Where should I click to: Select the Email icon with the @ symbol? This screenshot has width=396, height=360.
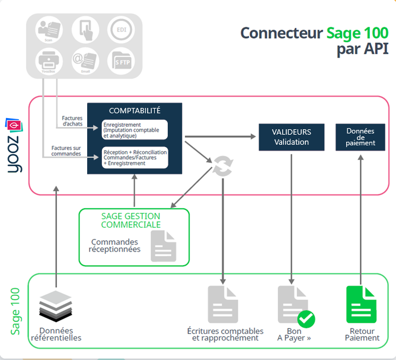tap(85, 62)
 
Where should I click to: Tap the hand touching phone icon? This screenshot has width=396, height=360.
tap(85, 29)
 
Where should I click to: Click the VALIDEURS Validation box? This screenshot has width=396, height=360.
tap(291, 137)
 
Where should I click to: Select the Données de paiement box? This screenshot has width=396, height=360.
tap(360, 137)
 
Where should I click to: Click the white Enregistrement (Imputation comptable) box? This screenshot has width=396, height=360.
tap(135, 129)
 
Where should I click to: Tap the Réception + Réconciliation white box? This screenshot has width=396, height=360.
tap(135, 157)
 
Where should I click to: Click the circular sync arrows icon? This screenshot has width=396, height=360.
tap(223, 167)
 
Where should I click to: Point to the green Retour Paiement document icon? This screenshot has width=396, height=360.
tap(361, 304)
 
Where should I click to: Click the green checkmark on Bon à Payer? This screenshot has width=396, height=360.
tap(306, 319)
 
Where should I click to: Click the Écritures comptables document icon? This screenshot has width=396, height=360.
tap(222, 304)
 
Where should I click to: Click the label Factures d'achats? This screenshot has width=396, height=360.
tap(72, 121)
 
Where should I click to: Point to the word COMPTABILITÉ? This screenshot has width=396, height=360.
tap(135, 110)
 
